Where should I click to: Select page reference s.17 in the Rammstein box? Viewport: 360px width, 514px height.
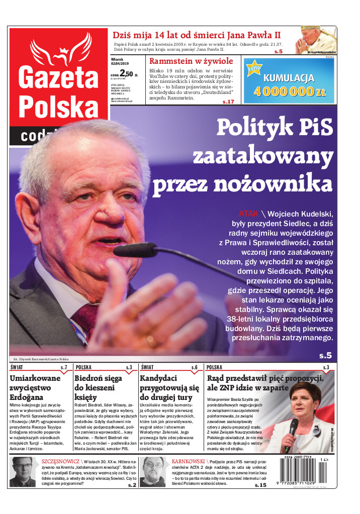[x=228, y=102]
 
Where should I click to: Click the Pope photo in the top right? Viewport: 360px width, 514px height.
[x=315, y=40]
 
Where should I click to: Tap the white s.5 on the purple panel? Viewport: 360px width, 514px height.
[x=325, y=356]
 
